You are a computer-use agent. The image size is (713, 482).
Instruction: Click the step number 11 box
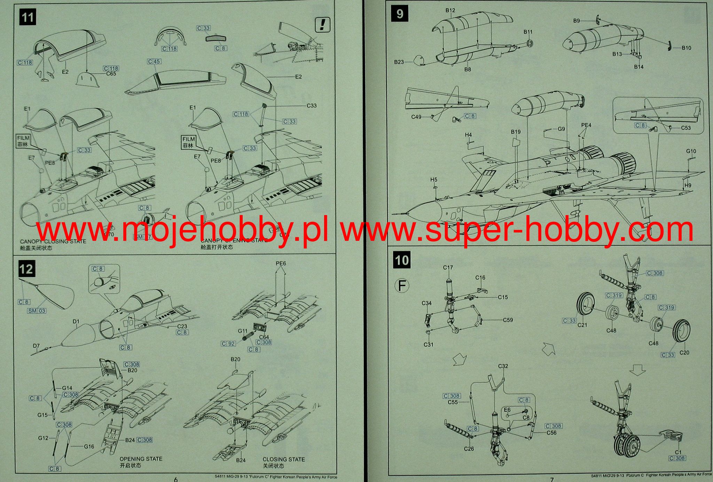point(28,17)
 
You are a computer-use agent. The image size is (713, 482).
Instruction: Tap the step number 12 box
point(26,269)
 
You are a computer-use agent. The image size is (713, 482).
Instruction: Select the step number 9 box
point(400,14)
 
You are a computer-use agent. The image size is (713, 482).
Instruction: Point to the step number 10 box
point(402,260)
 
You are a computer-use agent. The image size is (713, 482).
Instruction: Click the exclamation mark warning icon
point(322,24)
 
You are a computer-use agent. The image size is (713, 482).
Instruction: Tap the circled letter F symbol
point(402,286)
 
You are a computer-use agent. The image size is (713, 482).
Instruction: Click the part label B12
point(450,10)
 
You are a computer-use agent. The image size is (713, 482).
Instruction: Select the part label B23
point(399,62)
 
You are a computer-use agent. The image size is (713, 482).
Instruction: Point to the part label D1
point(76,321)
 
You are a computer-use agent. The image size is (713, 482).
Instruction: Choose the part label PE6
point(281,263)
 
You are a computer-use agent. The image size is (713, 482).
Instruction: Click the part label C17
point(448,268)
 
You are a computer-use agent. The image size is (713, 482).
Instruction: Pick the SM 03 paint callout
point(37,311)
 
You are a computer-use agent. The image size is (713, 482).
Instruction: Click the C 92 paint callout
point(228,344)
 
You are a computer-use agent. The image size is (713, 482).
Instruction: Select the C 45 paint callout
point(154,62)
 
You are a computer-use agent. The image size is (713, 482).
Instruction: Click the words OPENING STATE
point(141,459)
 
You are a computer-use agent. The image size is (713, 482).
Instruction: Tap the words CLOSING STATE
point(283,459)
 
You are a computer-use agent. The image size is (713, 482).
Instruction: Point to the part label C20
point(684,353)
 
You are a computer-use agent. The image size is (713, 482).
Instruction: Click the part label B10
point(687,48)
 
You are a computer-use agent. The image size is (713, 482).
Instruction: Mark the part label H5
point(433,180)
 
